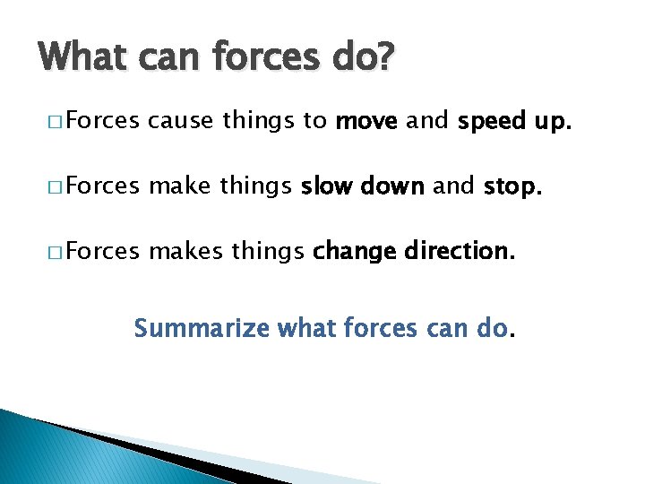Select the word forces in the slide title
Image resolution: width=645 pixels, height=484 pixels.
point(254,58)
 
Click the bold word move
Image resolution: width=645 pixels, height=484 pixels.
point(366,122)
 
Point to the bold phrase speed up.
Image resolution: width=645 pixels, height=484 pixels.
point(513,123)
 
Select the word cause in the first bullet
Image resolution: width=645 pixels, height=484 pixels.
point(182,122)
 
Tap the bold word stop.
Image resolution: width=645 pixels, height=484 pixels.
point(513,186)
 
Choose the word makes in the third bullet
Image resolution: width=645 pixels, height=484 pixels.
point(185,251)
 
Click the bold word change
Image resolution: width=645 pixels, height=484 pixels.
point(353,252)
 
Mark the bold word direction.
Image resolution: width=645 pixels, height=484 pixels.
point(460,251)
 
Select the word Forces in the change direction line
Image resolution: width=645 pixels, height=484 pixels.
point(101,251)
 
